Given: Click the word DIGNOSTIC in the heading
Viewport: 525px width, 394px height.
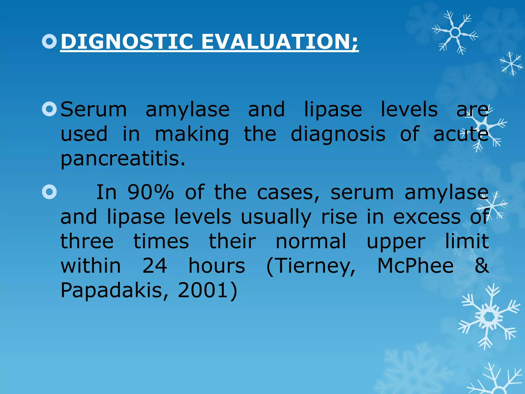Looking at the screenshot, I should point(127,42).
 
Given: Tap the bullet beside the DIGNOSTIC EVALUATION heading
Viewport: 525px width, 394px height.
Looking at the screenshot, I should point(49,41).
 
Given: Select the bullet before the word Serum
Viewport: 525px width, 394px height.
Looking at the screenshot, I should point(49,109).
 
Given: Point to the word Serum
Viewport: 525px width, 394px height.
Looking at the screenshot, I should point(94,110).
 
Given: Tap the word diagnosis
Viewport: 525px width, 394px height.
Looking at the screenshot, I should point(338,134).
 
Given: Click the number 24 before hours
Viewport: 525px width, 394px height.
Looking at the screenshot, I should point(155,266).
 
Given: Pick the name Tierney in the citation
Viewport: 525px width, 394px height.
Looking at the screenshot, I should point(311,266).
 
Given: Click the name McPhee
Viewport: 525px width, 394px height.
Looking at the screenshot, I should point(415,266).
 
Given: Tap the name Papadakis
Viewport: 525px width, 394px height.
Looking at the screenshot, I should point(114,290).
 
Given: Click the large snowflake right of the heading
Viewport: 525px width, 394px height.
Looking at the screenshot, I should point(455,33).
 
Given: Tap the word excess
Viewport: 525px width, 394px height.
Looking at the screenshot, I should point(427,217).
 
